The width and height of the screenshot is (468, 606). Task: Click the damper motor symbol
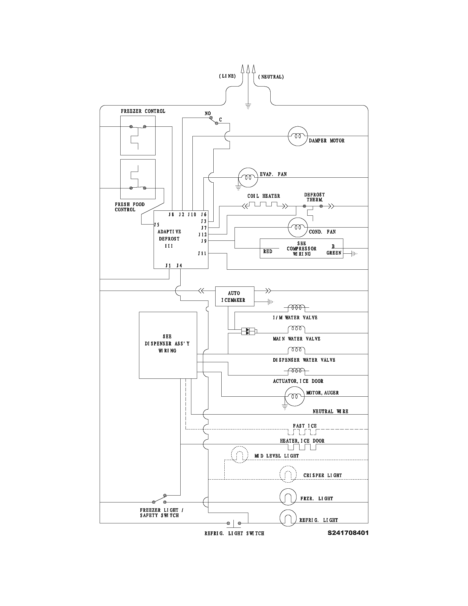(x=298, y=136)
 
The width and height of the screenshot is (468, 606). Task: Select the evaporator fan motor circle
(x=248, y=177)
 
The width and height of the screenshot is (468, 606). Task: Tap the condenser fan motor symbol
(x=298, y=227)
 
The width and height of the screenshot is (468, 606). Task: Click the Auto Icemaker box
(x=235, y=296)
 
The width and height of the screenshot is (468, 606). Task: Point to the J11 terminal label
(x=202, y=253)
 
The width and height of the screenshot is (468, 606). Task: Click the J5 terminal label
(x=157, y=224)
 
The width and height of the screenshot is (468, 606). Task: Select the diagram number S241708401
(x=348, y=533)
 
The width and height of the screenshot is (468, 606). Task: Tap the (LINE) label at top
(x=227, y=76)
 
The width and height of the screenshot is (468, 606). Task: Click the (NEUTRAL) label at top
(x=271, y=77)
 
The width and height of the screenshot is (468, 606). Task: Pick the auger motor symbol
(x=295, y=396)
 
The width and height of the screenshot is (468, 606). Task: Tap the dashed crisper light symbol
(x=288, y=474)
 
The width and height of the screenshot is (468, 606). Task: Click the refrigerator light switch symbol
(x=234, y=523)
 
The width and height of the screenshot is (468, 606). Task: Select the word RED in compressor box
(x=268, y=251)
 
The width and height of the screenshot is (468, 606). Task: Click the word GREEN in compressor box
(x=334, y=253)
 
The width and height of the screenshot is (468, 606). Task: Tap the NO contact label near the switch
(x=208, y=113)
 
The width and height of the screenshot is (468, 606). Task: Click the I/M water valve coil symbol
(x=296, y=308)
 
